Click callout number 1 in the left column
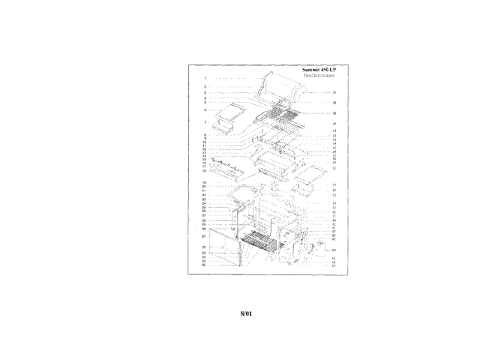pos(205,78)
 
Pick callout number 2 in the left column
pos(205,88)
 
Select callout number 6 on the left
pos(205,110)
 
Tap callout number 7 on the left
pos(205,121)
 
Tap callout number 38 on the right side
pos(334,103)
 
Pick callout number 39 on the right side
pos(334,113)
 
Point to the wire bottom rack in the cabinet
pos(259,242)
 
